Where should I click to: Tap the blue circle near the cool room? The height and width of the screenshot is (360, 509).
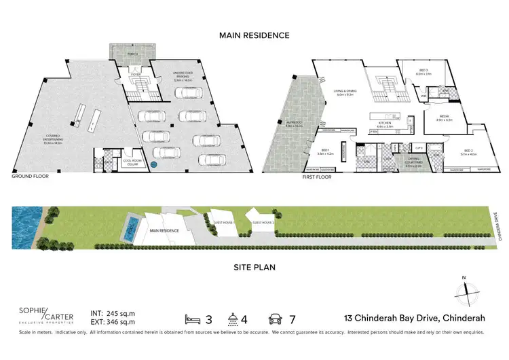(x=153, y=164)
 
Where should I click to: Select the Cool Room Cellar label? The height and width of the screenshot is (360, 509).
(x=132, y=163)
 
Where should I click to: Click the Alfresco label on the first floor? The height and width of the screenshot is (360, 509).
(x=294, y=124)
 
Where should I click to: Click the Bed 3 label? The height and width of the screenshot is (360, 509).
(x=422, y=71)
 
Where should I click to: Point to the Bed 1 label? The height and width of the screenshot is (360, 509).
(x=326, y=151)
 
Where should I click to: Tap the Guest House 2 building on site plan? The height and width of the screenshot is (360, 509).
(x=263, y=223)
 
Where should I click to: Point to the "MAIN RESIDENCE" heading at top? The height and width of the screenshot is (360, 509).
(x=255, y=35)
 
